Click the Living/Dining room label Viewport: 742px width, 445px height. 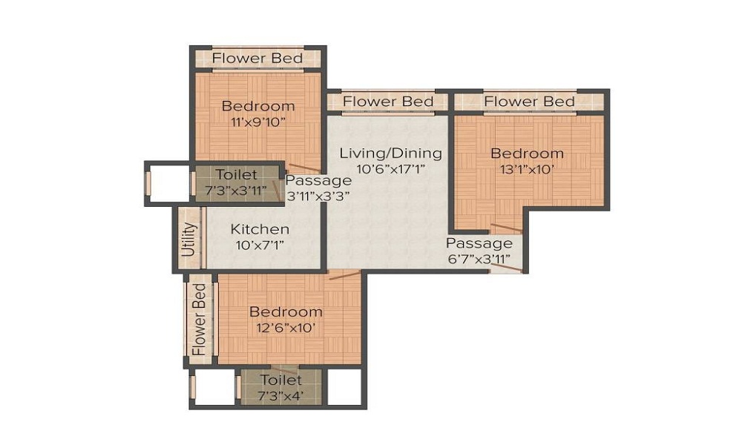pos(390,154)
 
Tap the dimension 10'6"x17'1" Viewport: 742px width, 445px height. pos(390,169)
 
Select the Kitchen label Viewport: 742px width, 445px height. pos(260,228)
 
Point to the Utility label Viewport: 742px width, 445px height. pos(190,240)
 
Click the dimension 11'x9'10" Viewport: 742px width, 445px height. pos(257,122)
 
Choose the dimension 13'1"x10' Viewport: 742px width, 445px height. pos(527,169)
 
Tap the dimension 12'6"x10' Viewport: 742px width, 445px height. pos(286,327)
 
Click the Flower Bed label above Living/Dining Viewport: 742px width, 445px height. pos(388,101)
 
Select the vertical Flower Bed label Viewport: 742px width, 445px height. pos(199,319)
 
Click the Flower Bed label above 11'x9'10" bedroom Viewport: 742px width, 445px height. pos(257,58)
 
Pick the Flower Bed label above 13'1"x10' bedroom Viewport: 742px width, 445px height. pos(529,101)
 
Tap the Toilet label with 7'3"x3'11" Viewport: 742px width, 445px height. pos(236,175)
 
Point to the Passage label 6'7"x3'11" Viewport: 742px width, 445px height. pos(479,243)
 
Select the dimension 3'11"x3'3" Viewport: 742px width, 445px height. pos(318,196)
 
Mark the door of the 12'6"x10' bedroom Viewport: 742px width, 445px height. pos(344,275)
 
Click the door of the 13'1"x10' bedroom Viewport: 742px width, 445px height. pos(506,228)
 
